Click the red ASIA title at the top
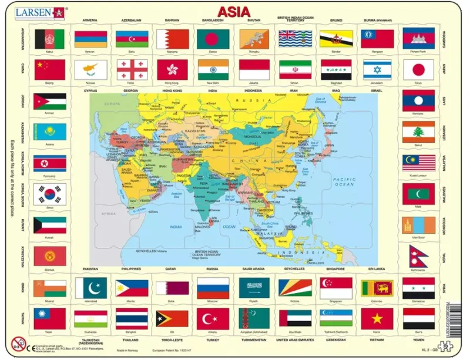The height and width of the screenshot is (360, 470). tap(234, 11)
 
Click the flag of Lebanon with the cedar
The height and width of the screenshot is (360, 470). tap(418, 132)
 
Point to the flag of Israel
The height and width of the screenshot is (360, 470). tap(377, 70)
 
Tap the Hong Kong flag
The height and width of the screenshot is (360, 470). tap(172, 70)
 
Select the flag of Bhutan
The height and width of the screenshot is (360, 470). tap(254, 39)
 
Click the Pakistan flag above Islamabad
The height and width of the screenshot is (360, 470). tap(90, 287)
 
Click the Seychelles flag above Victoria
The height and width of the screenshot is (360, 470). tap(295, 287)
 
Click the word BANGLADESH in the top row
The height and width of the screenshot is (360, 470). tap(213, 20)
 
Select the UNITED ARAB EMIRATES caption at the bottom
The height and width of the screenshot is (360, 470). tap(295, 340)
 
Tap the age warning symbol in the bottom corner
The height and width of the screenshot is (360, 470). tap(19, 343)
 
